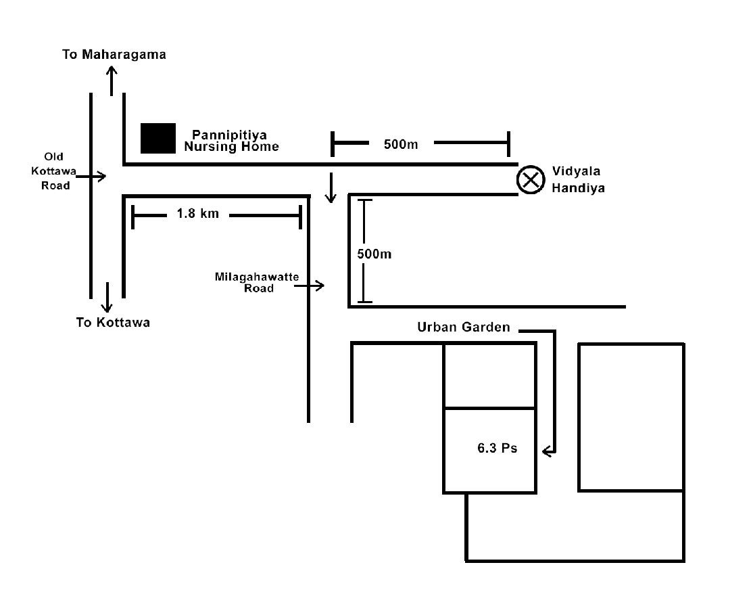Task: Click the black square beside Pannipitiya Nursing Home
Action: coord(158,138)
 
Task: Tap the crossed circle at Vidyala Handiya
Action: coord(530,180)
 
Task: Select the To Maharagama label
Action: coord(114,54)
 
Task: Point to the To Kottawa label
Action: coord(113,322)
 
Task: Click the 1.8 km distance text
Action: coord(197,214)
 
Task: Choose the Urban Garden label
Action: coord(463,327)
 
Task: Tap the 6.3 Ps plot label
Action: coord(497,448)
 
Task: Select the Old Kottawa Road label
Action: coord(55,171)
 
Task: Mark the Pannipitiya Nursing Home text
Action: coord(231,141)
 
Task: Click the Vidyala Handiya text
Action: coord(577,179)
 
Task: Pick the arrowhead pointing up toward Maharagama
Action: coord(112,71)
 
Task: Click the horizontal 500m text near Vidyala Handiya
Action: coord(401,144)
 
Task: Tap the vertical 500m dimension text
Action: coord(374,254)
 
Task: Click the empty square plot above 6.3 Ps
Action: coord(489,376)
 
